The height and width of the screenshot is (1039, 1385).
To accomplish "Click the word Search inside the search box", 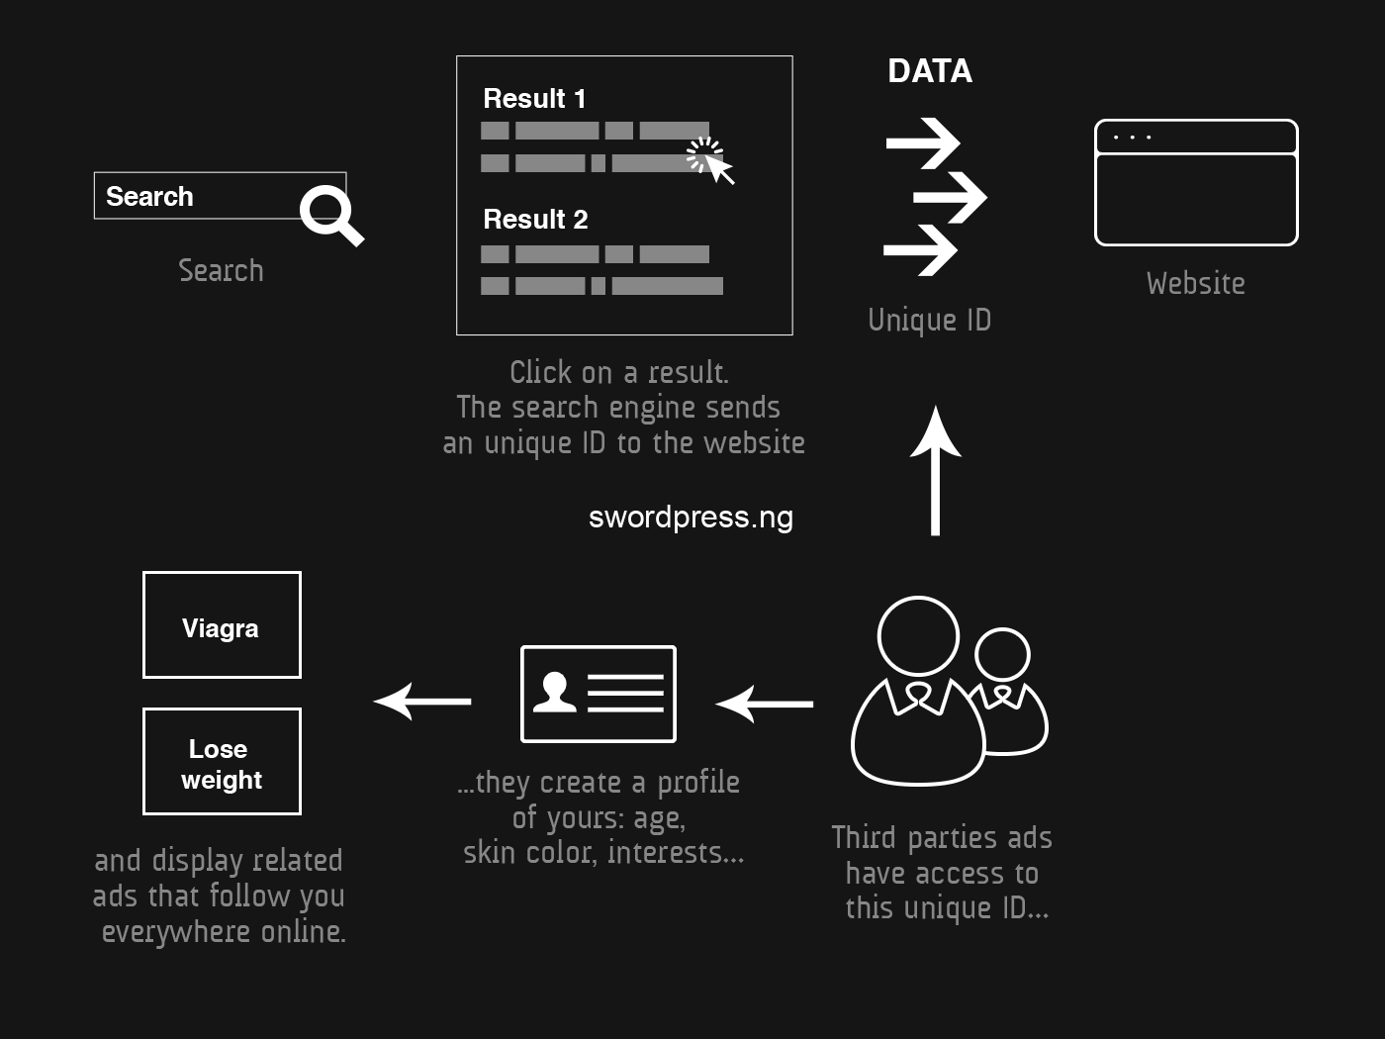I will click(149, 196).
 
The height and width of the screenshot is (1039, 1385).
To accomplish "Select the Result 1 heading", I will click(534, 99).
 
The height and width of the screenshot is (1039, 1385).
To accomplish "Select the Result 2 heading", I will click(535, 220).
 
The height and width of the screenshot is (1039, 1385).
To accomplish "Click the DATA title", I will click(930, 71).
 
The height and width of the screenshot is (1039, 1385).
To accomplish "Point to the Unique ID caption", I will click(929, 320).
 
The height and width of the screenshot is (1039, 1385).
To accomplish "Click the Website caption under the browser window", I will click(1195, 284).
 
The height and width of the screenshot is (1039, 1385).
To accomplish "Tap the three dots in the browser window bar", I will click(1132, 138).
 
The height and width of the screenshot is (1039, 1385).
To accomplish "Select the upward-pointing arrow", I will click(935, 470).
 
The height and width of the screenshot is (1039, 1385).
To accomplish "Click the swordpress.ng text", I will click(691, 518).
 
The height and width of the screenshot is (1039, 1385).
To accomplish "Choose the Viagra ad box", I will click(222, 625).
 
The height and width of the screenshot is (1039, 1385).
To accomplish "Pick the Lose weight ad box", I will click(222, 762).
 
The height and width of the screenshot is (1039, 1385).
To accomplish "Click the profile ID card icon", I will click(599, 694).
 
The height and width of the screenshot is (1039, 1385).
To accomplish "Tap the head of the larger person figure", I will click(918, 636).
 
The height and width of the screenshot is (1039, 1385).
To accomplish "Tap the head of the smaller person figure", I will click(1002, 655).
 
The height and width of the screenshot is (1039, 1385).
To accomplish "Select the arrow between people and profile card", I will click(765, 704).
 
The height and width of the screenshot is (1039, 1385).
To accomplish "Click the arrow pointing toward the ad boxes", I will click(422, 702).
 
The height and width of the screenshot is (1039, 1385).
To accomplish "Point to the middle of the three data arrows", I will click(950, 196).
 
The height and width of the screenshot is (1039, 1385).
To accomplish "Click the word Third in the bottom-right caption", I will click(863, 838).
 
